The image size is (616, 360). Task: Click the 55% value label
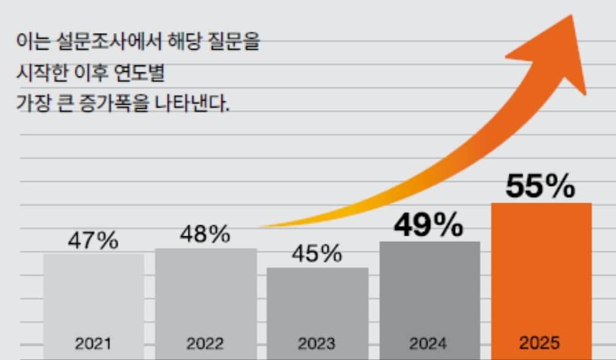pos(540,187)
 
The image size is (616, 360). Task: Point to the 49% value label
pos(429,227)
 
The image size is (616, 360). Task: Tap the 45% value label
pos(316,253)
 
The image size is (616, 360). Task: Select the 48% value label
pos(205,234)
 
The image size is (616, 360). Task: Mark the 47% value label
pos(92,241)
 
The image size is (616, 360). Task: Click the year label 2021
pos(93,343)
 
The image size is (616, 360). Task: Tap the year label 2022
pos(205,343)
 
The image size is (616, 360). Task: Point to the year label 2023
pos(317,343)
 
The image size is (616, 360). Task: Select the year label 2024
pos(429,343)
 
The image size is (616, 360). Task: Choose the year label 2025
pos(540,342)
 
